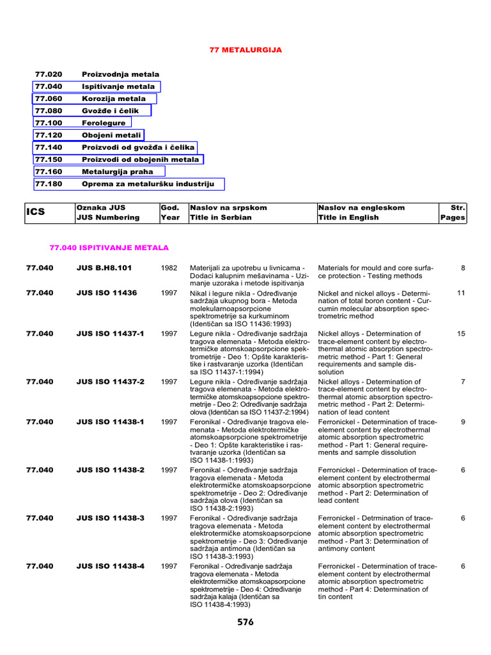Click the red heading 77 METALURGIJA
246,49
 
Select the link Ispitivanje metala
118,86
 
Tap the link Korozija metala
113,99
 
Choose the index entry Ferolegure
104,123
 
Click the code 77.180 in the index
48,184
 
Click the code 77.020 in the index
48,74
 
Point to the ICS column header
36,212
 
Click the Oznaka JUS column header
100,208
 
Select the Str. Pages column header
453,212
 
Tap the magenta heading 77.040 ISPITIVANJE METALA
109,248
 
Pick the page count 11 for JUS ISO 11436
461,292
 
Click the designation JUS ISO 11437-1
110,333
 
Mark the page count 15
461,333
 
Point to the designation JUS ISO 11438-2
110,470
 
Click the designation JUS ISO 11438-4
110,566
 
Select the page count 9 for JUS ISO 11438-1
462,422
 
